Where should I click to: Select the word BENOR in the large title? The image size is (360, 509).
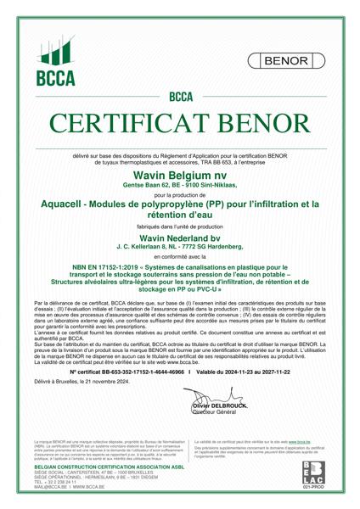265,123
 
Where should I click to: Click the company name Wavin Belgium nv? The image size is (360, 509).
180,172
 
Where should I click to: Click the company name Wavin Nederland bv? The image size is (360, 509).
180,238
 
